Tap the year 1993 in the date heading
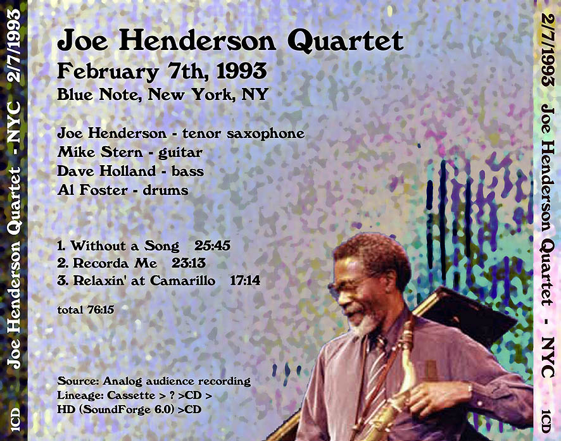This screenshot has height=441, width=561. pos(241,71)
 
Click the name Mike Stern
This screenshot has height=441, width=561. pos(100,152)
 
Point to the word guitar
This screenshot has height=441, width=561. pos(180,153)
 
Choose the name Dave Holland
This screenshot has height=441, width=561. pos(106,171)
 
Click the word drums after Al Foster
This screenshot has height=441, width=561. pos(165,190)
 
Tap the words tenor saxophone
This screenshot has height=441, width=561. pos(243,134)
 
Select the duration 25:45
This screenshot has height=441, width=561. pos(212,245)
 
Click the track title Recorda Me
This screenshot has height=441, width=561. pos(115,263)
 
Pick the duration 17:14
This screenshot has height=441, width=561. pos(244,280)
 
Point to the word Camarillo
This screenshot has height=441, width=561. pos(182,280)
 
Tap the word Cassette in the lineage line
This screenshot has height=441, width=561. pos(130,395)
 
